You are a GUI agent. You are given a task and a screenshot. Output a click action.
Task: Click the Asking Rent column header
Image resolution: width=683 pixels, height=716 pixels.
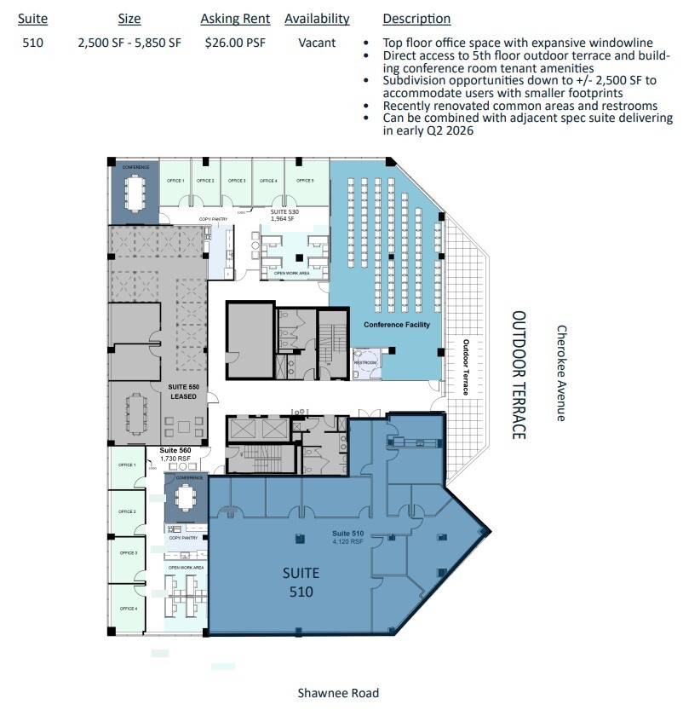235,19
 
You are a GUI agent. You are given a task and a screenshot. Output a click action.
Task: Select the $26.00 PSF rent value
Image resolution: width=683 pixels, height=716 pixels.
234,42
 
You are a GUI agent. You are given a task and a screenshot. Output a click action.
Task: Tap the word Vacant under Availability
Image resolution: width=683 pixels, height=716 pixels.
317,42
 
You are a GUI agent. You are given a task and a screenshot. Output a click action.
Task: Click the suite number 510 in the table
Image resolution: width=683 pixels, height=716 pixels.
33,42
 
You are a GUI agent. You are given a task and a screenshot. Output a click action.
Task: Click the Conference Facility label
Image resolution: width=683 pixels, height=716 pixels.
397,325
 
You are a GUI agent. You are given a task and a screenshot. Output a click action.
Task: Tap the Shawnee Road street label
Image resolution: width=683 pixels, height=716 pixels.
338,693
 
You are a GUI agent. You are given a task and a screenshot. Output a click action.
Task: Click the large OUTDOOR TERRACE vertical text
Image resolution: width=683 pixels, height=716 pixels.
519,375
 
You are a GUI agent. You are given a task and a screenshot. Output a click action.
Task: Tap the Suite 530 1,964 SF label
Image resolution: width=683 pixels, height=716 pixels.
282,214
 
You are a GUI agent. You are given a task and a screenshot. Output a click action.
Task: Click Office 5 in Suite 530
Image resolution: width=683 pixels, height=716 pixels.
306,181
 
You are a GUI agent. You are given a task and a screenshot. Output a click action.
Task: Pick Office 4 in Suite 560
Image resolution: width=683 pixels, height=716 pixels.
128,608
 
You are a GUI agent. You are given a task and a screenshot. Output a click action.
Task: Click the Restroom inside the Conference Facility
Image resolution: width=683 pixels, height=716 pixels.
365,362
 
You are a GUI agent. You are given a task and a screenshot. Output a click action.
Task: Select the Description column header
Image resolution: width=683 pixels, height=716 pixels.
416,19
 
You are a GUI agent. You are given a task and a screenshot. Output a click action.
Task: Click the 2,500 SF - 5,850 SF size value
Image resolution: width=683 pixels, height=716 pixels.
129,42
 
